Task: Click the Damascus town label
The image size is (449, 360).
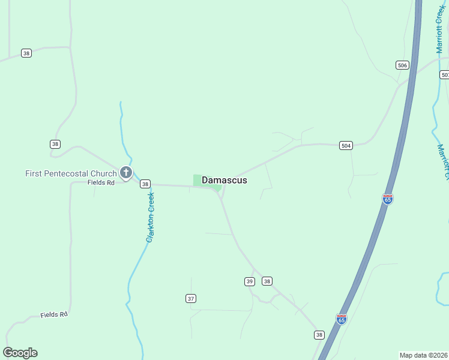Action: tap(224, 180)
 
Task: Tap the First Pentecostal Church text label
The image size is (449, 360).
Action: tap(71, 173)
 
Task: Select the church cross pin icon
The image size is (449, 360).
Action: tap(126, 173)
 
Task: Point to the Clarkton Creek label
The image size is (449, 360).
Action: tap(150, 217)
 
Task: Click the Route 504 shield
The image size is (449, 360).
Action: tap(345, 145)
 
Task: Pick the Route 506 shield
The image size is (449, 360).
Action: tap(402, 65)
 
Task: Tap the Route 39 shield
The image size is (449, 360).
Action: tap(250, 281)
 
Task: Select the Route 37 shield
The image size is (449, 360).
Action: tap(191, 298)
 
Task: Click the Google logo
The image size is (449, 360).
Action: tap(20, 353)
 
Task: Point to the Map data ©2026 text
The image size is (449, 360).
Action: tap(424, 355)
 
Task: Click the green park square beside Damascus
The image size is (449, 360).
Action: tap(198, 180)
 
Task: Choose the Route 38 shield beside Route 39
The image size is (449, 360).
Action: tap(267, 281)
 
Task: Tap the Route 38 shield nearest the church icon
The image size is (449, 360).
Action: tap(145, 184)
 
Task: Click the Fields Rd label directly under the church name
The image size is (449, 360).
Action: tap(101, 182)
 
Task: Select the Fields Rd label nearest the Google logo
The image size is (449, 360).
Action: tap(54, 314)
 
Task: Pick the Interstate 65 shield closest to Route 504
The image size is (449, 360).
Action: tap(388, 199)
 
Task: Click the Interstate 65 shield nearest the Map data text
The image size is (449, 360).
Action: tap(341, 319)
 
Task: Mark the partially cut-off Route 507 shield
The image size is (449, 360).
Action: tap(444, 74)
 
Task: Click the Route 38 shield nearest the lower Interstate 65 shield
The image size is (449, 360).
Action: tap(319, 335)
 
